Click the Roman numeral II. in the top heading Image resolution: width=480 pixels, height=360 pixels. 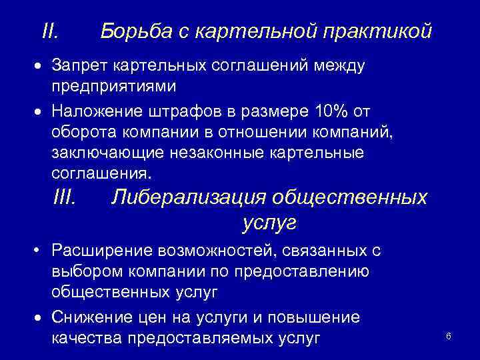[x=50, y=31]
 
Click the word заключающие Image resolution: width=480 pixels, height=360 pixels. [x=113, y=153]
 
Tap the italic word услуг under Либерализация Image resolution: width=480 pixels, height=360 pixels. [x=269, y=222]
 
